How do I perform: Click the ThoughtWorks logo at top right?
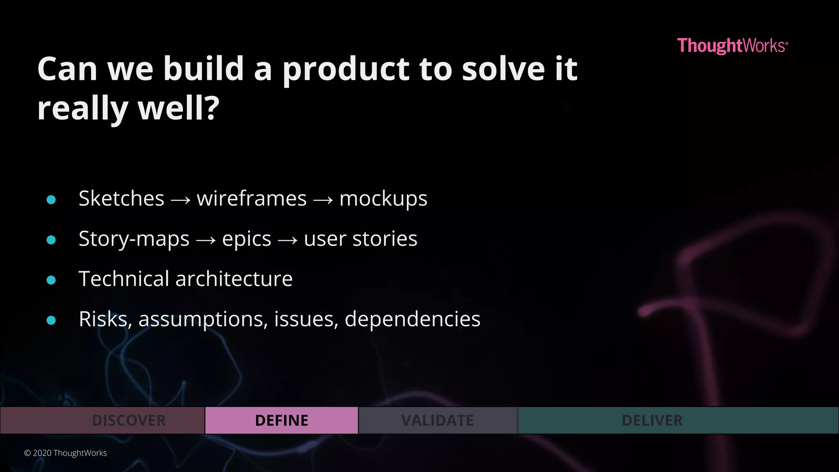click(732, 45)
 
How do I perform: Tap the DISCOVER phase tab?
click(129, 420)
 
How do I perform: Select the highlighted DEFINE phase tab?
click(281, 420)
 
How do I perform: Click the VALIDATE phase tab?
click(438, 420)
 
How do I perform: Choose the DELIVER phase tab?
click(652, 420)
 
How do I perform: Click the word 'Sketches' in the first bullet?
click(121, 199)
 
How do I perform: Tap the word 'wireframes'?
click(252, 199)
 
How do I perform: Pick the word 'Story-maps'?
click(134, 239)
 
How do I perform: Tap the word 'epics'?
click(247, 239)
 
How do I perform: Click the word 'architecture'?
click(234, 279)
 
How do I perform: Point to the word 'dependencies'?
click(413, 319)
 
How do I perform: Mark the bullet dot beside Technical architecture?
click(51, 280)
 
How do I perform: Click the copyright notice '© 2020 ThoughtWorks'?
click(66, 453)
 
